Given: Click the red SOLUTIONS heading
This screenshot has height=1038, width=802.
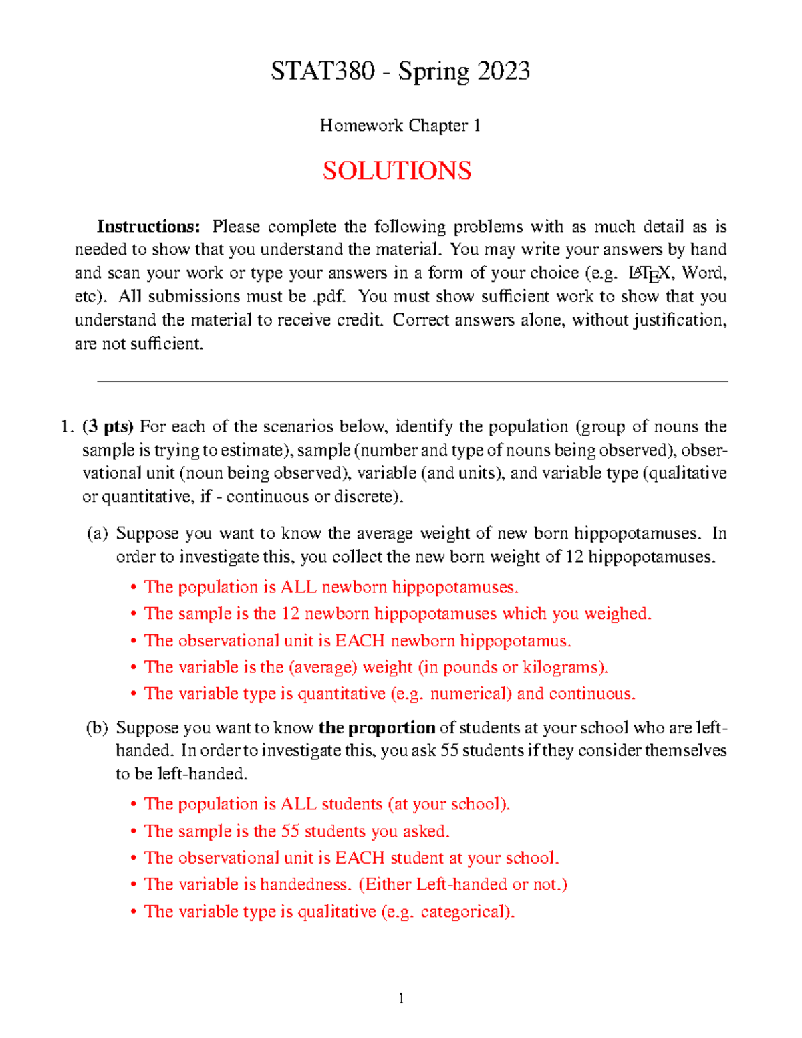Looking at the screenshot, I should coord(397,170).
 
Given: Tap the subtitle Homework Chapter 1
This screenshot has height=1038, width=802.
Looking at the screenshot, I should coord(400,126).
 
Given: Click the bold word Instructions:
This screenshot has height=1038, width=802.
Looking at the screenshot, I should coord(148,227).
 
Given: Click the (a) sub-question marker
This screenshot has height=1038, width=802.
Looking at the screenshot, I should coord(97,533).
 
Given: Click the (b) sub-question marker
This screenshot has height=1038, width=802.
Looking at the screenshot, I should coord(97,727).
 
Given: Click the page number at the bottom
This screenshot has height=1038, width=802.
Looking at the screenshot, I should coord(401,999).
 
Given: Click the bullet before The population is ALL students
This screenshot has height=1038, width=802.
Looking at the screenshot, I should coord(134,805).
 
